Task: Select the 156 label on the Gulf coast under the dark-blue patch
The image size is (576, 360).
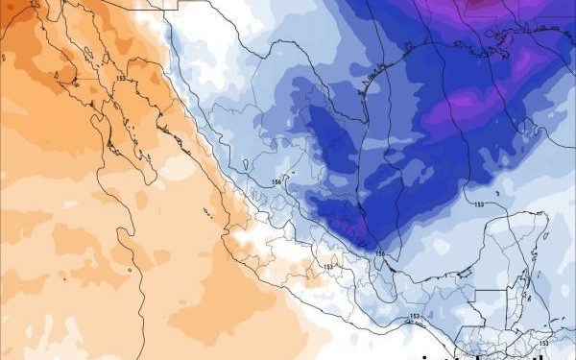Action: (x=379, y=253)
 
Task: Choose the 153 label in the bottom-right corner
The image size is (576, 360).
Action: (x=543, y=342)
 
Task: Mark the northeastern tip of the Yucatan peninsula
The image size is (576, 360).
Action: (x=545, y=219)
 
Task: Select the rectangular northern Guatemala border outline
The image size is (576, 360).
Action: (x=492, y=300)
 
